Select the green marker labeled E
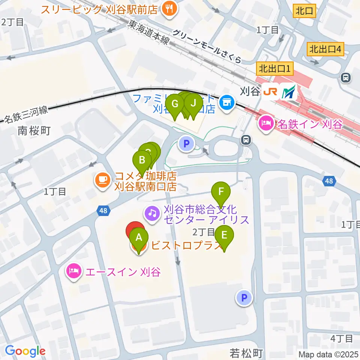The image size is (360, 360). click(224, 236)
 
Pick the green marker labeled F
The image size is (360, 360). click(221, 192)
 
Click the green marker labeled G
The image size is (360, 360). click(175, 104)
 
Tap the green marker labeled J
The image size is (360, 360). click(193, 103)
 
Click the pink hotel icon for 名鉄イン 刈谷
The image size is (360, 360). click(266, 124)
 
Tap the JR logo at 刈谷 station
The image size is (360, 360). click(270, 91)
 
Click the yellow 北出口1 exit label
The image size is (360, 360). click(275, 69)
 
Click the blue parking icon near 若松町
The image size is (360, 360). click(244, 298)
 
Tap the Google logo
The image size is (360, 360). click(25, 351)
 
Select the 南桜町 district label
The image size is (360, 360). click(34, 131)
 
